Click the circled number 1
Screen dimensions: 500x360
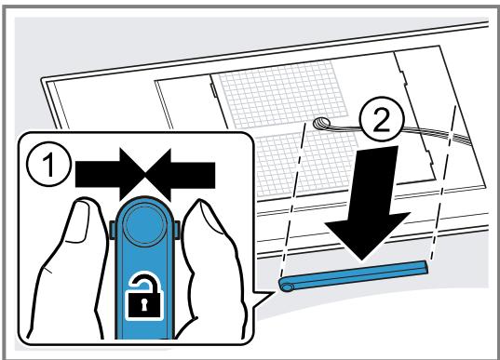(x=48, y=165)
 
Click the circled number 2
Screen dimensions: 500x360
(x=382, y=119)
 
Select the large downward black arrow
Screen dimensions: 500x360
(x=368, y=203)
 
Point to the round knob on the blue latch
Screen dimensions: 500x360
(x=144, y=224)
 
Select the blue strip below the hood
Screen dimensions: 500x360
(x=353, y=275)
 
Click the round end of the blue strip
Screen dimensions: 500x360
(x=286, y=286)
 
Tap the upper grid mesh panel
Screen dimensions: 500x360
(x=282, y=94)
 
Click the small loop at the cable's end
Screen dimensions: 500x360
(x=321, y=123)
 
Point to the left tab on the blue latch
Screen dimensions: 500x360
(x=113, y=230)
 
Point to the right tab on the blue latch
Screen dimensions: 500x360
(x=177, y=230)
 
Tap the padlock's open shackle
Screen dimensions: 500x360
(x=143, y=282)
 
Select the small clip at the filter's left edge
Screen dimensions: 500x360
(x=213, y=90)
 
